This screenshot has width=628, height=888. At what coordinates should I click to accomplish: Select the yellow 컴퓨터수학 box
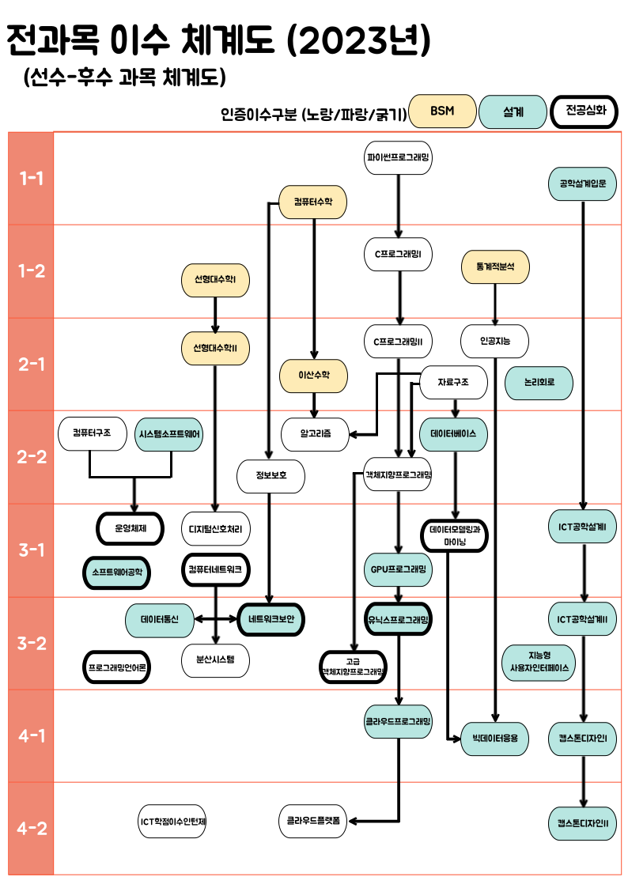313,202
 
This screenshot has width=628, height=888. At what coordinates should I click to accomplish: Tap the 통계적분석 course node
495,267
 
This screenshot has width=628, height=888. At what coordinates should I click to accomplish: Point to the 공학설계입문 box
582,184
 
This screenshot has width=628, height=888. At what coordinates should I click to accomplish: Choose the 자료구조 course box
452,383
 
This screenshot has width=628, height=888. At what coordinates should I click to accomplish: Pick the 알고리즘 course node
315,434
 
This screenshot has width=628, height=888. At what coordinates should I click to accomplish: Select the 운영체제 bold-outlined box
131,527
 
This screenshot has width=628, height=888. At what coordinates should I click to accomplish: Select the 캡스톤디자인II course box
582,822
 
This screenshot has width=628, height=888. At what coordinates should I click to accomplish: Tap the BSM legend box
442,111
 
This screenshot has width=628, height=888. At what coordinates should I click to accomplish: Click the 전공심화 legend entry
584,111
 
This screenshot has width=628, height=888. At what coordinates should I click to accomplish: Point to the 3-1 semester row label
31,550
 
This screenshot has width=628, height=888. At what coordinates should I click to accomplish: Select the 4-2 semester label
31,829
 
